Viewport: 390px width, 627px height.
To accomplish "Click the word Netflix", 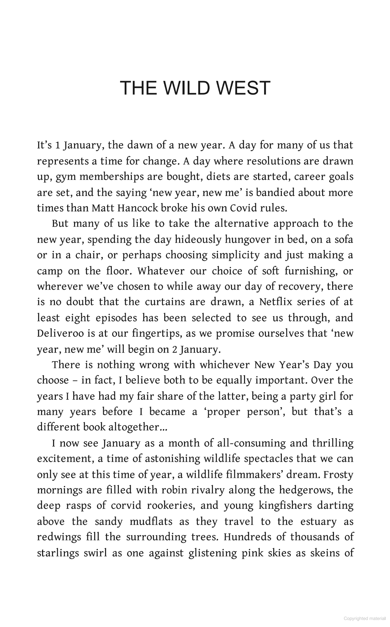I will (x=276, y=302).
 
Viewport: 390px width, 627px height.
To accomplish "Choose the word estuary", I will (x=318, y=522).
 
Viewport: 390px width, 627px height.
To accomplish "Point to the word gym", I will (x=63, y=177).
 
